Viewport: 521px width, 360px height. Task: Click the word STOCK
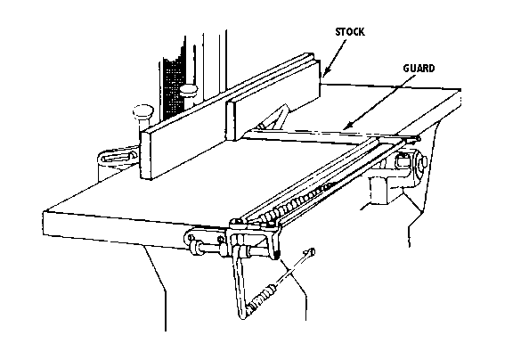point(349,32)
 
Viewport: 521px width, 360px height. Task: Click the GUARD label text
point(419,68)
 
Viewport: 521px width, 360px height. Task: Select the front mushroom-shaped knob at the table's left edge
point(143,111)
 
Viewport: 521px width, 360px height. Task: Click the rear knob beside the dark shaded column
point(189,90)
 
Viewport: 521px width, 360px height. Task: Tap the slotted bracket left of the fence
point(117,156)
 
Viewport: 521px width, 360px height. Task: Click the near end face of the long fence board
point(145,154)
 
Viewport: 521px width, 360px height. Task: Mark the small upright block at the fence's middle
point(230,120)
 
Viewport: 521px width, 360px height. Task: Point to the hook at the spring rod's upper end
point(310,253)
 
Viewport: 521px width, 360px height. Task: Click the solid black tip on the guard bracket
point(277,255)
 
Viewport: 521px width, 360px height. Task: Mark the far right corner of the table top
point(460,90)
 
